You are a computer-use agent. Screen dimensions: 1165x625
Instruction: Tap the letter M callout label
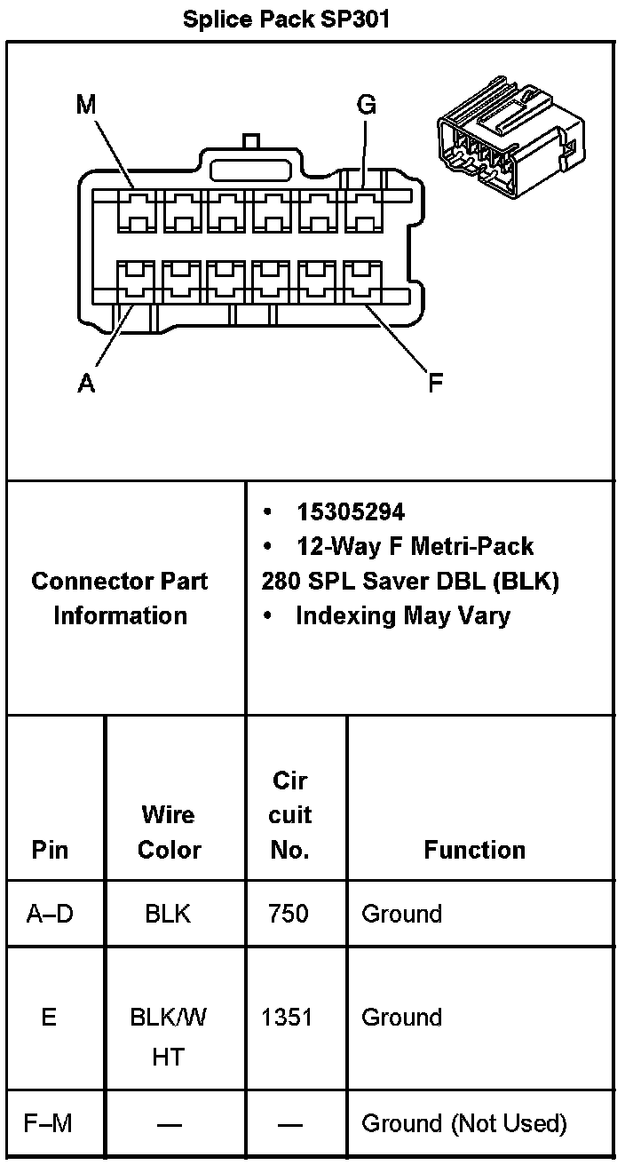pos(85,106)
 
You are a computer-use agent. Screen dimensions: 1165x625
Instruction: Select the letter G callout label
pos(366,106)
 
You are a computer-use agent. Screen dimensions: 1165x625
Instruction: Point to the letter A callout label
pos(86,384)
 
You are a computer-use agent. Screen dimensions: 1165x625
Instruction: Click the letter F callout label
pos(435,384)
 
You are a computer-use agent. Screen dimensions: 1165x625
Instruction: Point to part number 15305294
pos(351,512)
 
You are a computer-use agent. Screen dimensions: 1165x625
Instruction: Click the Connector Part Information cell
pos(120,598)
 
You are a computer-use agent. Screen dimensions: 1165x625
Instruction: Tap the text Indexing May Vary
pos(402,615)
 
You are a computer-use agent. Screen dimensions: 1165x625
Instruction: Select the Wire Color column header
pos(169,832)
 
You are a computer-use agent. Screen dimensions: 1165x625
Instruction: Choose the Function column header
pos(474,850)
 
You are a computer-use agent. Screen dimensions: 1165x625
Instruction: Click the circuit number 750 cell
pos(289,914)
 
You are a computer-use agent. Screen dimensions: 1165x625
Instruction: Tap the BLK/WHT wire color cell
pos(168,1035)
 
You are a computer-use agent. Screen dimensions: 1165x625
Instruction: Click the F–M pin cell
pos(49,1123)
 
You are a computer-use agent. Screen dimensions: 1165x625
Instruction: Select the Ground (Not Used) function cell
pos(463,1123)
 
